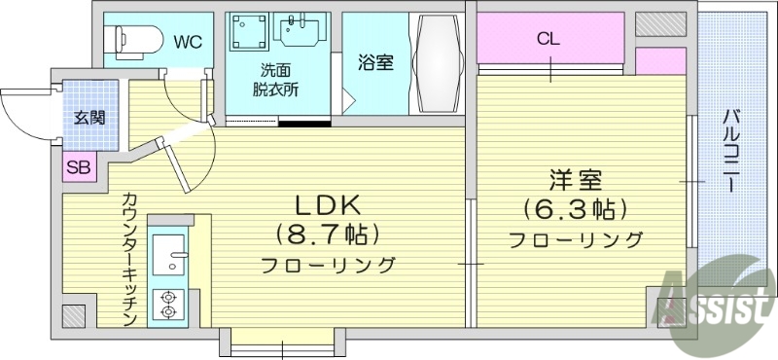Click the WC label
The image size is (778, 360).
click(189, 42)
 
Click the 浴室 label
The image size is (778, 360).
click(376, 62)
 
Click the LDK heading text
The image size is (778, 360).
click(329, 204)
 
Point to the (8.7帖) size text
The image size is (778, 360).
click(329, 234)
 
